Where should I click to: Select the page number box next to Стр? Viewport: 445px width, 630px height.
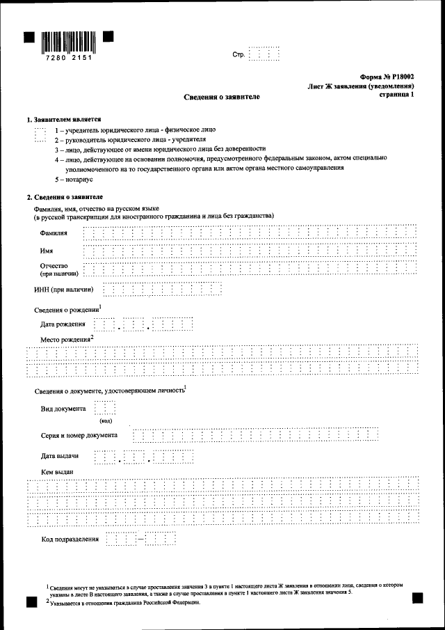[x=264, y=54]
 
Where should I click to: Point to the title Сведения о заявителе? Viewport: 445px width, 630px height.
[x=222, y=97]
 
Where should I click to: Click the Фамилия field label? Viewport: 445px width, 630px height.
[x=54, y=232]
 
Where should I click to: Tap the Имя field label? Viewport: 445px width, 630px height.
[x=47, y=250]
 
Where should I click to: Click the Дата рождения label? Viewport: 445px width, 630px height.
[x=63, y=324]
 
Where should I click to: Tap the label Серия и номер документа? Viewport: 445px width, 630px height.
[x=79, y=435]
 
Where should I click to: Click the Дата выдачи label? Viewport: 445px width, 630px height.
[x=59, y=456]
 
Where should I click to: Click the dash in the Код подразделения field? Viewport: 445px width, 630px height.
[x=141, y=538]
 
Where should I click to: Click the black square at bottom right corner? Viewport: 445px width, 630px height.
[x=417, y=597]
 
